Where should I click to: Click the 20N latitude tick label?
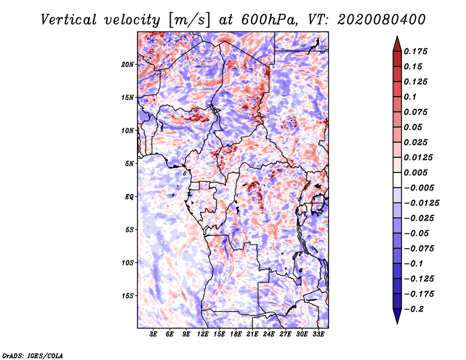(128, 65)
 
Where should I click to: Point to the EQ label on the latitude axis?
(129, 197)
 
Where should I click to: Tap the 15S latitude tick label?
(128, 296)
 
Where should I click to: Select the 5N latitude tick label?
(129, 164)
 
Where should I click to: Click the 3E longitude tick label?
(153, 334)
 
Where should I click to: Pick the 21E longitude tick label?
(252, 334)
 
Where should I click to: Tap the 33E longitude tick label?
(318, 334)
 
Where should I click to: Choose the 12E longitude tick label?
(203, 334)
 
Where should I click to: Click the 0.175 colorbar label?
(415, 51)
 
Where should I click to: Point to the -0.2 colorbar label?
(414, 309)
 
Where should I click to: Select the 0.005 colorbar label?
(415, 172)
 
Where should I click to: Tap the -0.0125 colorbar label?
(421, 203)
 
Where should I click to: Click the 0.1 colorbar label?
(410, 97)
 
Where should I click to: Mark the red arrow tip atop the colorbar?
(397, 37)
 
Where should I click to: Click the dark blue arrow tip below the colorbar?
(397, 323)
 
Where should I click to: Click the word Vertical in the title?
(69, 20)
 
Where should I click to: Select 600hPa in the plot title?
(269, 20)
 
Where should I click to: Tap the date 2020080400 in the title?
(382, 20)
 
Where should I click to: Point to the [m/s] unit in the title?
(190, 20)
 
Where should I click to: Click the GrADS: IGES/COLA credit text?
(33, 355)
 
